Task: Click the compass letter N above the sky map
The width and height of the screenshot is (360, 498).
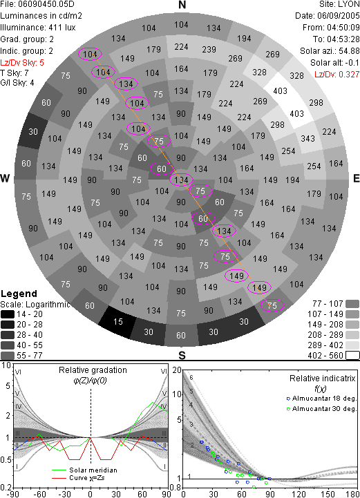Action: click(182, 5)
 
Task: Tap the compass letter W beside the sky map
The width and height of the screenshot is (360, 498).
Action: click(5, 178)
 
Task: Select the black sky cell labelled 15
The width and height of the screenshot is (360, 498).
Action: click(118, 322)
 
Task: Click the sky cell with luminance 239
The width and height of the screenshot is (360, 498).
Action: click(209, 50)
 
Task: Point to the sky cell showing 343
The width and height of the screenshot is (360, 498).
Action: click(307, 138)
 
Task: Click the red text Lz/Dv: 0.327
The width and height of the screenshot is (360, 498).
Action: click(337, 75)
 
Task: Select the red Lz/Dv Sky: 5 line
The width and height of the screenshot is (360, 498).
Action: click(22, 63)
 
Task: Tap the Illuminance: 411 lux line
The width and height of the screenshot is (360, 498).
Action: click(38, 28)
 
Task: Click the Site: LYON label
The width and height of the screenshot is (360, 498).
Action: click(339, 4)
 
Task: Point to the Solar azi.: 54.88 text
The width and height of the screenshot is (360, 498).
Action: click(330, 51)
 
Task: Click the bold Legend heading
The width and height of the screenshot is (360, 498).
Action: click(19, 294)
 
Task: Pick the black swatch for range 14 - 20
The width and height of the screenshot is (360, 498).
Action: click(8, 314)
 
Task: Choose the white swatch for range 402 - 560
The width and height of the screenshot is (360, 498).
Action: click(352, 356)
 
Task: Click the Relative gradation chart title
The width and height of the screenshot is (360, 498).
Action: click(93, 370)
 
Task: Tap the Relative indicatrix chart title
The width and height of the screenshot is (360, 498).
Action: click(322, 379)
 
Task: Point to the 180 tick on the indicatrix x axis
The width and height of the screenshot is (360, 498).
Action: click(352, 494)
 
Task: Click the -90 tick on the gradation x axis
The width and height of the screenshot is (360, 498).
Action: click(13, 494)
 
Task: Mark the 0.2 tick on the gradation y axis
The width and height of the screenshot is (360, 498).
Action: click(6, 488)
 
